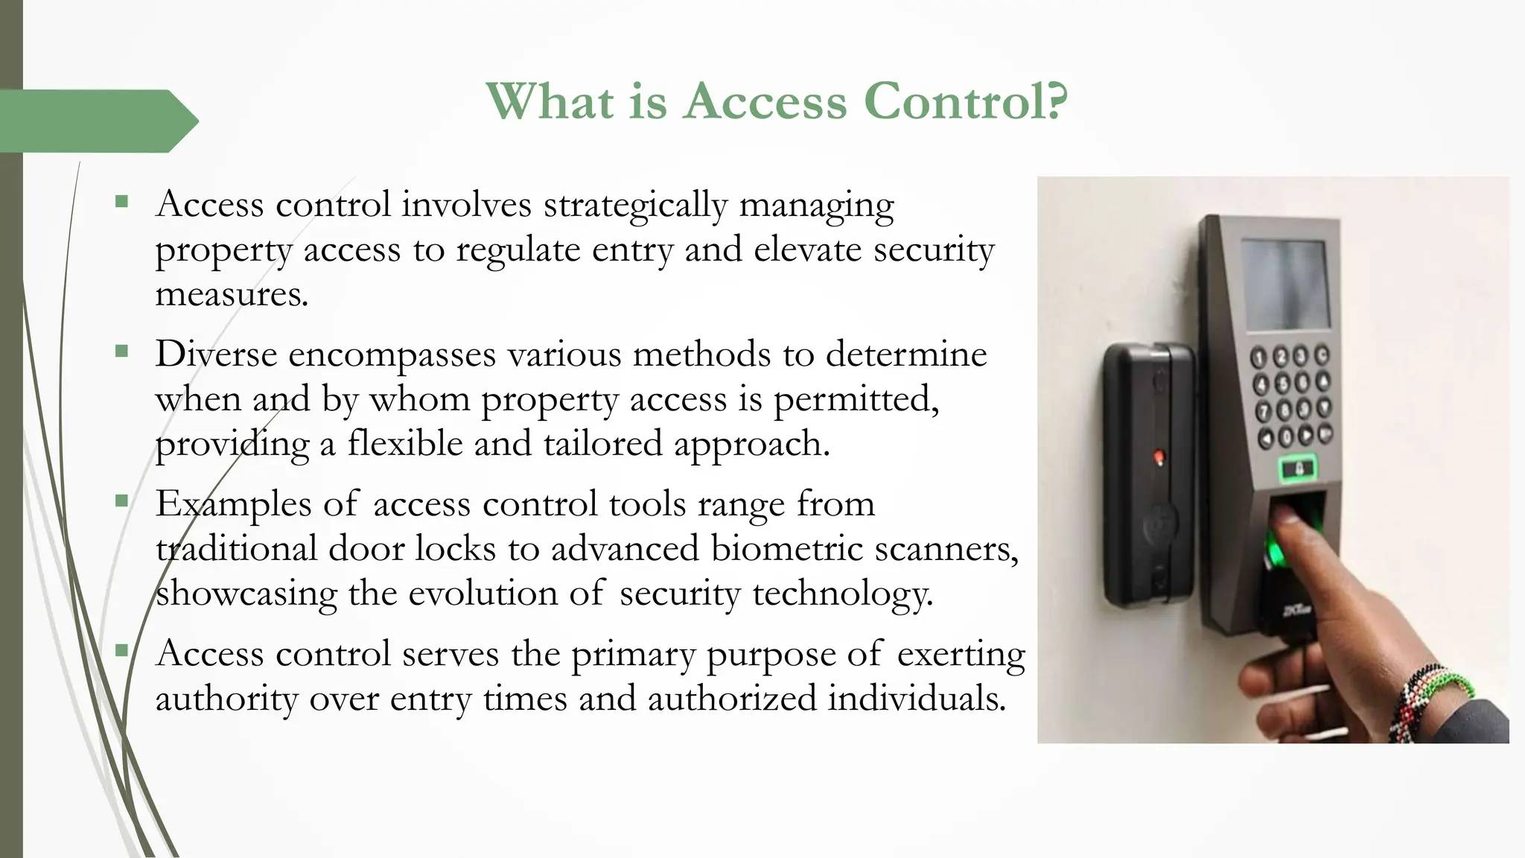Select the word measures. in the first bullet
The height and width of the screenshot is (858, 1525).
click(232, 294)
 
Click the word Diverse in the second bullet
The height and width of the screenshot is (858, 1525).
click(216, 354)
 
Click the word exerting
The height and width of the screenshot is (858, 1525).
click(961, 654)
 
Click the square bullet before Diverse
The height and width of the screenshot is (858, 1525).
click(122, 351)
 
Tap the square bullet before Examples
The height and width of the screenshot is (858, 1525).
click(122, 500)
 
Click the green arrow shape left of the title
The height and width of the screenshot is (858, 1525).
click(97, 121)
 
